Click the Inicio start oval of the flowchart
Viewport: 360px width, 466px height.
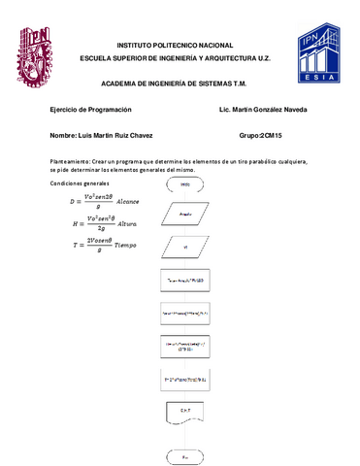click(x=184, y=183)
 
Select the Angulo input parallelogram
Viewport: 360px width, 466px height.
click(x=184, y=212)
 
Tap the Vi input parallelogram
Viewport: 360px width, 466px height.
click(x=184, y=247)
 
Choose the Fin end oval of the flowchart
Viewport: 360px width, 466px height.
click(x=184, y=455)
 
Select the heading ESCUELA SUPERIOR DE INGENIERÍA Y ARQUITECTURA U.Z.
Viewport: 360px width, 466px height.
click(x=180, y=59)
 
